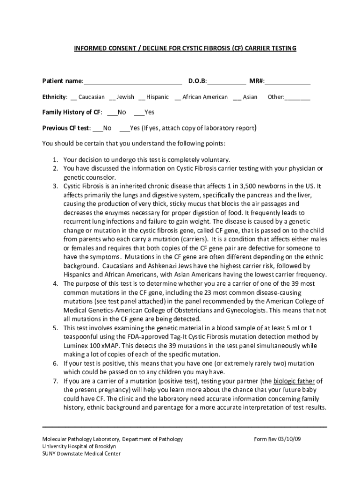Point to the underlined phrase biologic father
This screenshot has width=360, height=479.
coord(295,381)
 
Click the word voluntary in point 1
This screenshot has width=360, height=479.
coord(215,160)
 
